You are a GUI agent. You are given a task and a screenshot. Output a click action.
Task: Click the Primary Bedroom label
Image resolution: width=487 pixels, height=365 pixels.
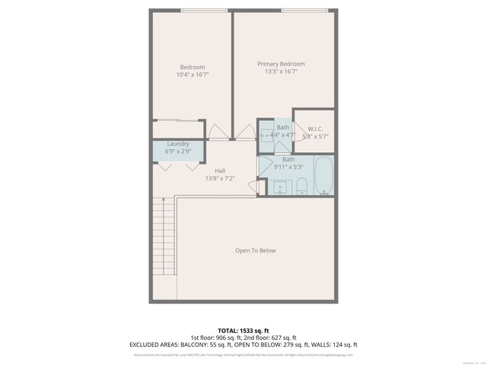(x=281, y=64)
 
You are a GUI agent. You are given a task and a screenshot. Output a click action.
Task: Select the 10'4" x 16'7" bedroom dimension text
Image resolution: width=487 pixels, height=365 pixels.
(x=192, y=75)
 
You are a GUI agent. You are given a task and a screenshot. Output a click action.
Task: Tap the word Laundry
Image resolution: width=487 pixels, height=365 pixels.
(x=178, y=144)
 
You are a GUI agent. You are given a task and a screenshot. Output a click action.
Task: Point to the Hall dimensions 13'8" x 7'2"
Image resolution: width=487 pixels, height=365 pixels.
(x=220, y=179)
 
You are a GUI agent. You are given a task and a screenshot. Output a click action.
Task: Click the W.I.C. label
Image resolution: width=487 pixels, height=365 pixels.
(x=315, y=129)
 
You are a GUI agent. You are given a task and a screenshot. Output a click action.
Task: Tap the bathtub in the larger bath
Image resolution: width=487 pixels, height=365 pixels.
(x=323, y=176)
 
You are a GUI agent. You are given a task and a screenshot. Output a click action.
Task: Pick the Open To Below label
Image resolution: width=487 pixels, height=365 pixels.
(x=255, y=250)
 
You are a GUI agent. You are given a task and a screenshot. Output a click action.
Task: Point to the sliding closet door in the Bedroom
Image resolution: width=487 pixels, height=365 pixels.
(x=179, y=121)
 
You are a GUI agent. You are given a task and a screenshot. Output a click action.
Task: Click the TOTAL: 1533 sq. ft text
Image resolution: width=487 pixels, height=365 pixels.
(x=243, y=330)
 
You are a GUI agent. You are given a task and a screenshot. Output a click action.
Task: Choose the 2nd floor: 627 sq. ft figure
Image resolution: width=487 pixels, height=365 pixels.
(x=272, y=338)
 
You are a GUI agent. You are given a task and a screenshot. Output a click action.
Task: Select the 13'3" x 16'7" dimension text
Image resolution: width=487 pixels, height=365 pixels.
(x=281, y=71)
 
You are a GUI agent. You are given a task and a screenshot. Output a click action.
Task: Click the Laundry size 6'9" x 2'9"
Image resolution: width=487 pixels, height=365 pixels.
(x=178, y=151)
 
